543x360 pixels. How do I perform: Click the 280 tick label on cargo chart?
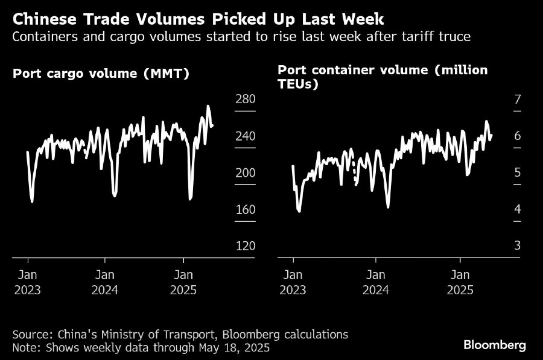[245, 99]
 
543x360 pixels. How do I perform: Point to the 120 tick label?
[245, 246]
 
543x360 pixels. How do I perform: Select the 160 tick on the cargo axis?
[245, 210]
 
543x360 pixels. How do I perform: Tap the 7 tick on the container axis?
[517, 99]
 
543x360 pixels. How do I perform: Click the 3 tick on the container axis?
[517, 246]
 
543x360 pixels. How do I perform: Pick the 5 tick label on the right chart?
[517, 173]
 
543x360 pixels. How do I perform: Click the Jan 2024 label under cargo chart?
[105, 282]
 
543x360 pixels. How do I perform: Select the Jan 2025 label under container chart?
[460, 282]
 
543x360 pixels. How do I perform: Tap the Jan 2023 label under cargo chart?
[28, 282]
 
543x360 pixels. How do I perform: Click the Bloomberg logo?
[494, 346]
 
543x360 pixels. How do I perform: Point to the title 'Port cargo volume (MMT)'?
[101, 74]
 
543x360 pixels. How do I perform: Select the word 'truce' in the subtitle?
[456, 37]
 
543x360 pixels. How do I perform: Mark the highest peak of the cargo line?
[208, 107]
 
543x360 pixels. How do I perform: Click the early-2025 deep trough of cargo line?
[191, 198]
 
